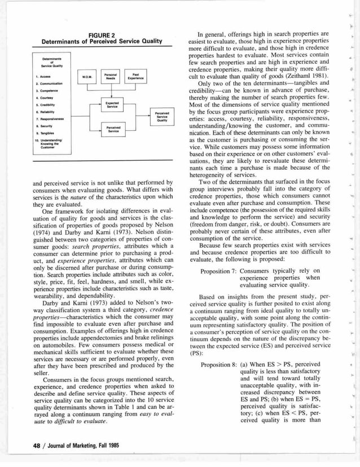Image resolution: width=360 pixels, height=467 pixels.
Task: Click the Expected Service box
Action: [112, 105]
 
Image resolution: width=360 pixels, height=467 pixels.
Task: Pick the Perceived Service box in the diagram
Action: [112, 129]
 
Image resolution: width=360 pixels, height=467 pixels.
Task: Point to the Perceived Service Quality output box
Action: [162, 116]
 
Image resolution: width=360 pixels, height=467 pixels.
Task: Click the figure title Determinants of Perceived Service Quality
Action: [102, 41]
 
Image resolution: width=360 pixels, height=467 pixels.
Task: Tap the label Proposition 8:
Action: [220, 364]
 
